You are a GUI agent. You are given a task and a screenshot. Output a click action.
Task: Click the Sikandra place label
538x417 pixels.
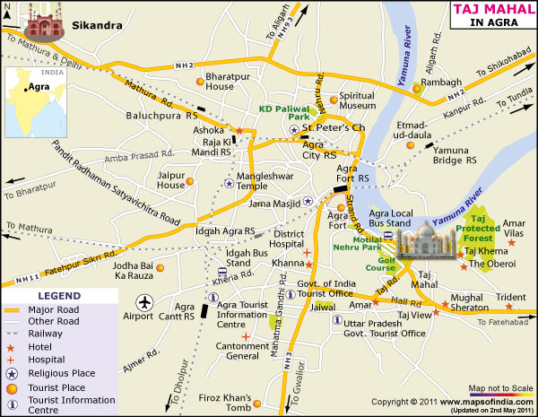click(96, 25)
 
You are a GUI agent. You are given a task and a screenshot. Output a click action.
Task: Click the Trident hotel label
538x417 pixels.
click(510, 297)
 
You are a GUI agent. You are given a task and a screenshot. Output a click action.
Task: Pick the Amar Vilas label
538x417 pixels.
click(514, 228)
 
